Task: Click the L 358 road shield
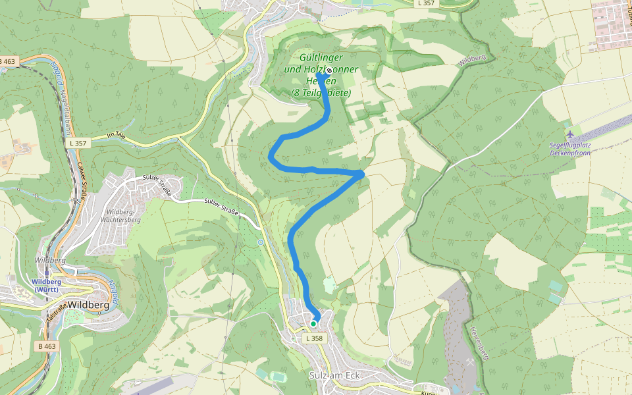[315, 338]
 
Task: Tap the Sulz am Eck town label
[336, 375]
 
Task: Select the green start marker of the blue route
[313, 323]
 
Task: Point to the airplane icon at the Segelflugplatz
[569, 135]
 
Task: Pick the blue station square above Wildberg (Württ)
[46, 272]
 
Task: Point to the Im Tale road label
[115, 136]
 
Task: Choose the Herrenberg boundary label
[479, 342]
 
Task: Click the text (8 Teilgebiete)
[321, 93]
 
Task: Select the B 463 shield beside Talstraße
[47, 346]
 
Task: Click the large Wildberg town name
[88, 305]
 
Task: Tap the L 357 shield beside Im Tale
[77, 143]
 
